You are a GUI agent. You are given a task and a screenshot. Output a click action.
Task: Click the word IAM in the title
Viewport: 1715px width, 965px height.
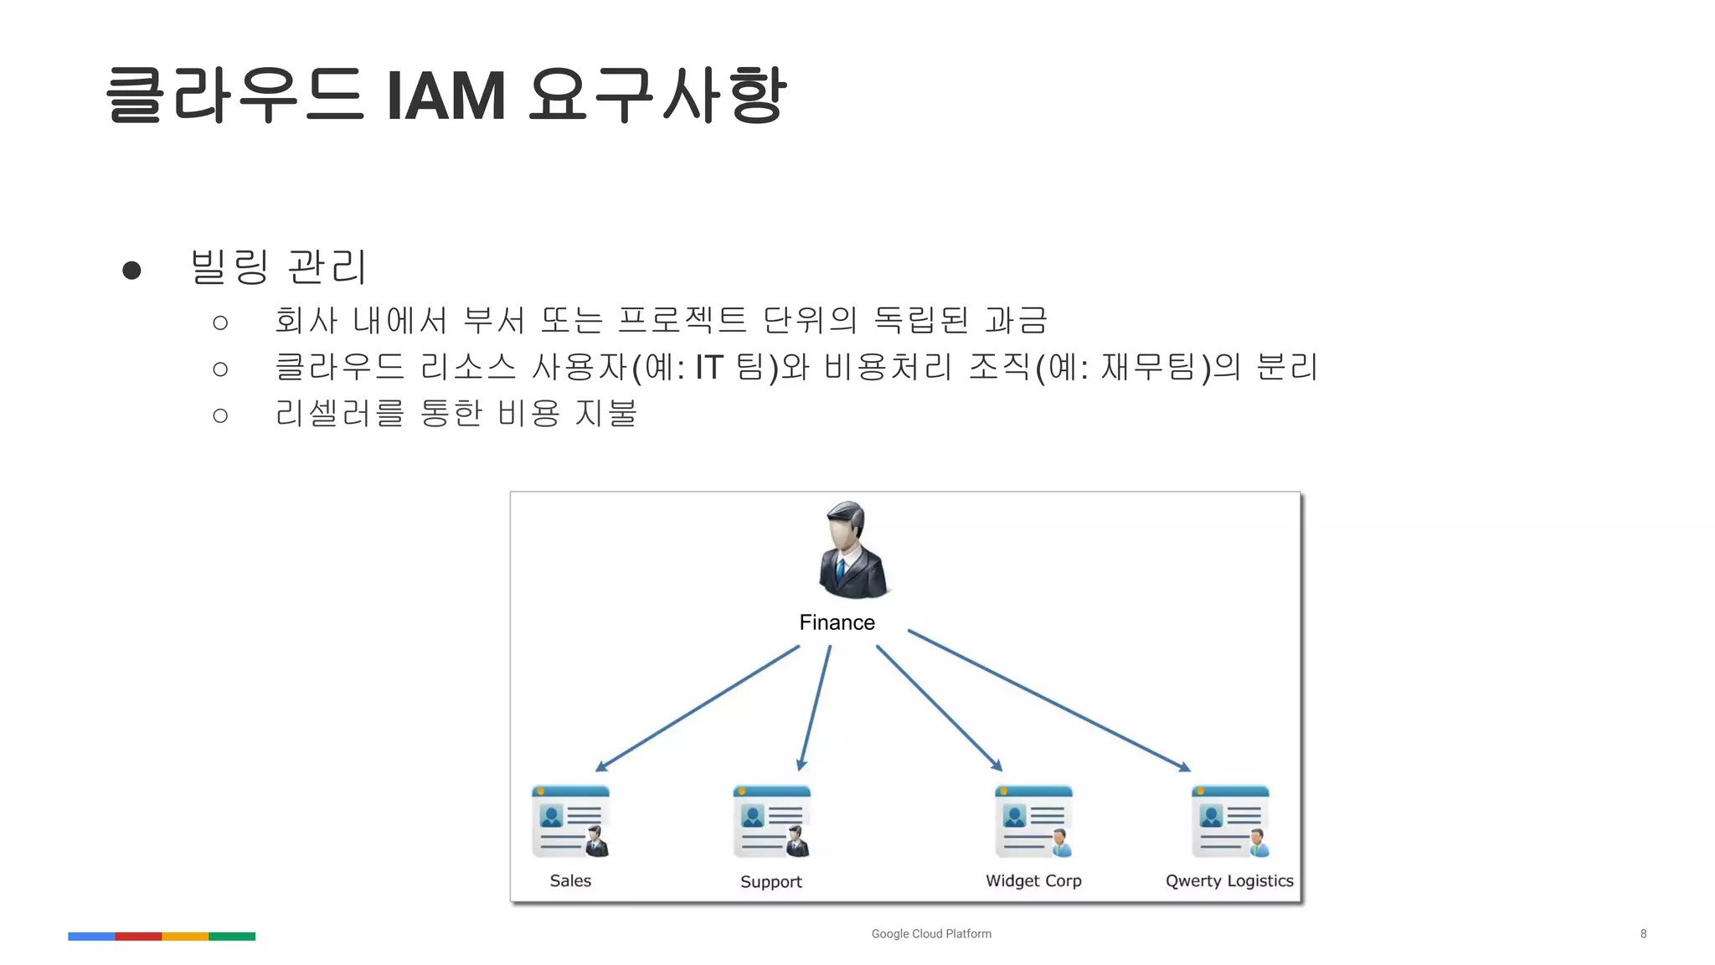click(446, 96)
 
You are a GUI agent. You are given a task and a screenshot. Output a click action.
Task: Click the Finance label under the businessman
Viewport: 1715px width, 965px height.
click(837, 622)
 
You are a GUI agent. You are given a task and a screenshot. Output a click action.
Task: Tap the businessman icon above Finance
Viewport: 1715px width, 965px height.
click(851, 550)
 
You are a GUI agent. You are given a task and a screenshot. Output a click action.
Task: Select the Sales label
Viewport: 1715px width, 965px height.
click(570, 880)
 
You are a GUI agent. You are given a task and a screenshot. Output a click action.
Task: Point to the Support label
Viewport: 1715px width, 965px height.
click(770, 881)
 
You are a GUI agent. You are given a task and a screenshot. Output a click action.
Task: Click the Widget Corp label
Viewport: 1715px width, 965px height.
click(1033, 880)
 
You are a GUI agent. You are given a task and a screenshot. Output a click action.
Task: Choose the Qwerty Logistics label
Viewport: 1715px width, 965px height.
click(1228, 880)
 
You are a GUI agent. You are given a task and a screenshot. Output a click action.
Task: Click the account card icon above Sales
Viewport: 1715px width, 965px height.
click(570, 822)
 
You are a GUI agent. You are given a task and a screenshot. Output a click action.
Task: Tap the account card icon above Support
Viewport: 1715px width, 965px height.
click(771, 822)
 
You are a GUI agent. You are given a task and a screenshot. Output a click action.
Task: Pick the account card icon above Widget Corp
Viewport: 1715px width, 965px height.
click(1033, 822)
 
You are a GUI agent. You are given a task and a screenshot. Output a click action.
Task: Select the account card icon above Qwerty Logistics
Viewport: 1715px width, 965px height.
click(1230, 822)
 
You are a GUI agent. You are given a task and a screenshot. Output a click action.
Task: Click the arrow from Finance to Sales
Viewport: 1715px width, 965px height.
click(697, 708)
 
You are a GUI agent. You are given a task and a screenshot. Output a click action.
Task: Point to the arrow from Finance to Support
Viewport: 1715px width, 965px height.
click(815, 708)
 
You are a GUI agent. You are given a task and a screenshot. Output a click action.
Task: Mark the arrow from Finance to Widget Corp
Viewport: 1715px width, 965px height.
click(939, 708)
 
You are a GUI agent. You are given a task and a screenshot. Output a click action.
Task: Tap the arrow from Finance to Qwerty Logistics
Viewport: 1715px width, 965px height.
click(1048, 699)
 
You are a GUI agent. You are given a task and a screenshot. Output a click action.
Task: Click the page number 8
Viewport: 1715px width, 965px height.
click(1643, 933)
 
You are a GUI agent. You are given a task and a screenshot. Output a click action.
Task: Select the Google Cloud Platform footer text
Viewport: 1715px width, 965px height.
click(931, 933)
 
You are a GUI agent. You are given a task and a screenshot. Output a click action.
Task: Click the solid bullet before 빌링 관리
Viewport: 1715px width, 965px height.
click(131, 270)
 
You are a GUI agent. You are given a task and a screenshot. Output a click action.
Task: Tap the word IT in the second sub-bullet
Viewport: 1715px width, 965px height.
click(708, 368)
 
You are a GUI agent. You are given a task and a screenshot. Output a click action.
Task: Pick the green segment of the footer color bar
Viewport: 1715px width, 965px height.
click(232, 937)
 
